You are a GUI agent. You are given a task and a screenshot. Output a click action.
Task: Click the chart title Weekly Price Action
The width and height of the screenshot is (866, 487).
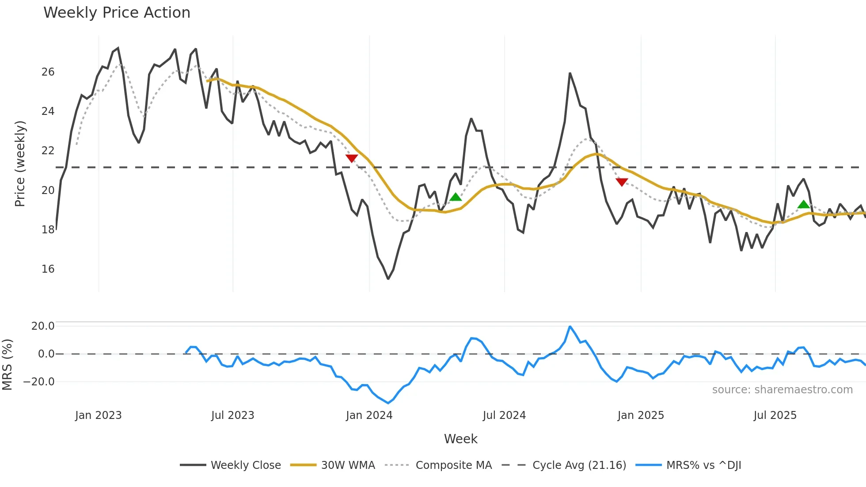point(117,12)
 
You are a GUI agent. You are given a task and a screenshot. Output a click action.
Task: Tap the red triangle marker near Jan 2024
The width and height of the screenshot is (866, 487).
point(352,158)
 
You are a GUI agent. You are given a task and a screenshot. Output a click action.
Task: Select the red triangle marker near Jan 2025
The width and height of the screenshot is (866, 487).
point(622,182)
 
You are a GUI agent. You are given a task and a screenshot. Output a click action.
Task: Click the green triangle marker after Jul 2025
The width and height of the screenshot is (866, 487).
point(804,204)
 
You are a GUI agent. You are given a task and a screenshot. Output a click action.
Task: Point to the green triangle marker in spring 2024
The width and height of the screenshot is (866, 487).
point(456,197)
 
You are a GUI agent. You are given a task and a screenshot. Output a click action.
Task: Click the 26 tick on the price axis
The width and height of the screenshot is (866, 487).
point(48,72)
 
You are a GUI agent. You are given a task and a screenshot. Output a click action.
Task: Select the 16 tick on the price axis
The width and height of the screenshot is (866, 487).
point(48,269)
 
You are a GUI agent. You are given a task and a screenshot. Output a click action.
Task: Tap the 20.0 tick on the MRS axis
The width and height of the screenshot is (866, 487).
point(43,326)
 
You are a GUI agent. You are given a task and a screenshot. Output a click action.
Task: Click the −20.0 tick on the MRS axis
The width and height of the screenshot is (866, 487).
point(39,381)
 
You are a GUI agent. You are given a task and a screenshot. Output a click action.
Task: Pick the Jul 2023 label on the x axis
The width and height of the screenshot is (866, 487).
point(232,415)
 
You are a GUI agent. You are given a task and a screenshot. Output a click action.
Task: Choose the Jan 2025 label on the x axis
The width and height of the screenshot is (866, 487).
point(640,415)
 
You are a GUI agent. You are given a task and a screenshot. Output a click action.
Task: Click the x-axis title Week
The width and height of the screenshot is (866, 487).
point(460,439)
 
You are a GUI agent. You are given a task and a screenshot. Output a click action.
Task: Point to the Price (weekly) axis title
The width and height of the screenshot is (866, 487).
point(20,164)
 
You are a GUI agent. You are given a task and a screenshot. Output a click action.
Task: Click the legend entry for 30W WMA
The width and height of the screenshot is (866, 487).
point(348,465)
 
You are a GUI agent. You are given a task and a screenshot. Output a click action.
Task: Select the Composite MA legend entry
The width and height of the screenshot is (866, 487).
point(453,465)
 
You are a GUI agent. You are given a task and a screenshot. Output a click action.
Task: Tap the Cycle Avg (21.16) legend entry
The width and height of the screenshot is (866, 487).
point(579,465)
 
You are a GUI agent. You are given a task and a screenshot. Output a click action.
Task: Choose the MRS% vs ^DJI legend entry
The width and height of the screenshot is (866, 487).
point(703,465)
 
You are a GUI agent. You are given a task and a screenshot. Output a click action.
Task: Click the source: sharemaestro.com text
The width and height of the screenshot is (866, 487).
point(782,389)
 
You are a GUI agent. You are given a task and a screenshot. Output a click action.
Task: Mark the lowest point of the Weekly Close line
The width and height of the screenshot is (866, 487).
point(388,279)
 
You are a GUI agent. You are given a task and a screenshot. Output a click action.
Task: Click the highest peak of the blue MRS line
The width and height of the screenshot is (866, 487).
point(570,327)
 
